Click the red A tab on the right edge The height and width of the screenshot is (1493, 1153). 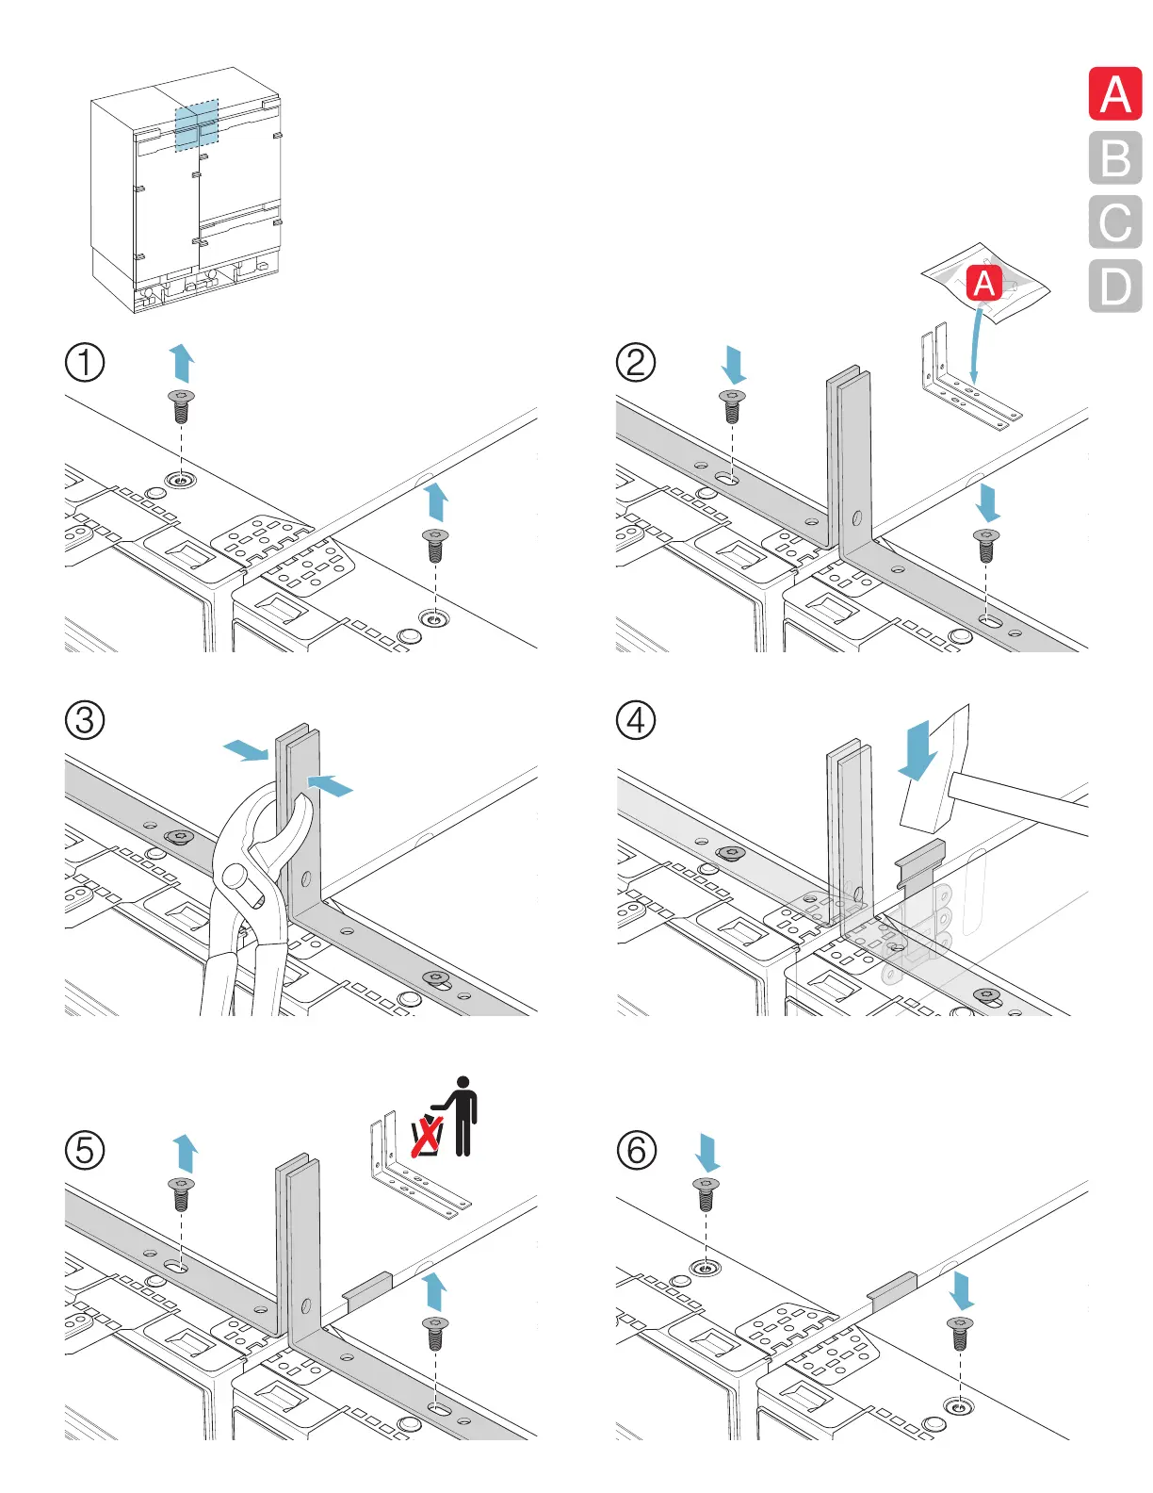pyautogui.click(x=1115, y=93)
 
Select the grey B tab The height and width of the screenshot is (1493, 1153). pyautogui.click(x=1115, y=157)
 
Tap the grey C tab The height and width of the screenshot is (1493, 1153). pyautogui.click(x=1115, y=221)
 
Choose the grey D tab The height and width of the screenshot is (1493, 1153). pyautogui.click(x=1115, y=286)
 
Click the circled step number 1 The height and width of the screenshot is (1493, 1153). pyautogui.click(x=85, y=362)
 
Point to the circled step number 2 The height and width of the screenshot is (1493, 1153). pyautogui.click(x=636, y=362)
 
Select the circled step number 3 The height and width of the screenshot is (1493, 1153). pyautogui.click(x=85, y=720)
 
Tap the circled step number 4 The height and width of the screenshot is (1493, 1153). pyautogui.click(x=636, y=720)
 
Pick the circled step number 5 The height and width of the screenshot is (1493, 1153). pyautogui.click(x=85, y=1150)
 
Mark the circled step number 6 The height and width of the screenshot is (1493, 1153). pyautogui.click(x=636, y=1150)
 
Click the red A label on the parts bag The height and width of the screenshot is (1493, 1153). pyautogui.click(x=984, y=283)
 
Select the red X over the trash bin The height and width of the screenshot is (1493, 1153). pyautogui.click(x=427, y=1136)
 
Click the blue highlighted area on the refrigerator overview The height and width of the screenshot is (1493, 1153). pyautogui.click(x=197, y=124)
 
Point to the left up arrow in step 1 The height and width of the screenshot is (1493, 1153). pyautogui.click(x=182, y=363)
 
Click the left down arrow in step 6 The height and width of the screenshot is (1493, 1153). pyautogui.click(x=707, y=1153)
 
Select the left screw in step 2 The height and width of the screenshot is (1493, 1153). pyautogui.click(x=732, y=406)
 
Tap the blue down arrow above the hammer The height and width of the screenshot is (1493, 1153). pyautogui.click(x=918, y=750)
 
